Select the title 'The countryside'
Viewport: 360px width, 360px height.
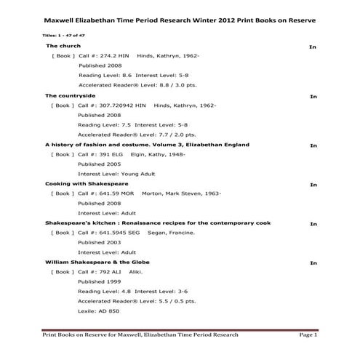click(x=70, y=95)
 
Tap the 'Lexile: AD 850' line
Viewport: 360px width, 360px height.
click(x=99, y=311)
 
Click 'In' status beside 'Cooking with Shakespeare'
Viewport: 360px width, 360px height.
click(x=313, y=185)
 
